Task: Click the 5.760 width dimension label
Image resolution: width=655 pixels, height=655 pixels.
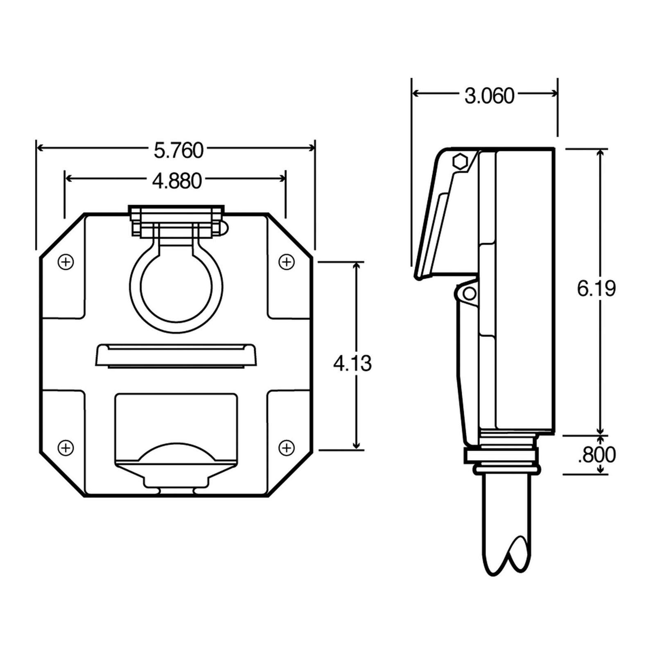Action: coord(178,150)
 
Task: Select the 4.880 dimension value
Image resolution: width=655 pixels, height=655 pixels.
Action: coord(177,181)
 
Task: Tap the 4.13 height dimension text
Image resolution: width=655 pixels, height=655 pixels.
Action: coord(352,364)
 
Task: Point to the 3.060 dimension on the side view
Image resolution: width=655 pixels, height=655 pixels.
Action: coord(489,96)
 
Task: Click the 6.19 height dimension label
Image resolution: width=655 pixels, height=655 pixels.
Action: coord(596,289)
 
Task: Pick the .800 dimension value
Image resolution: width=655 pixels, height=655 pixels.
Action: coord(597,454)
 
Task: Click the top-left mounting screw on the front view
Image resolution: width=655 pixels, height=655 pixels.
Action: coord(66,262)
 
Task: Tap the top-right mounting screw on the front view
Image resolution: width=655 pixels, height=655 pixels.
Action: coord(287,262)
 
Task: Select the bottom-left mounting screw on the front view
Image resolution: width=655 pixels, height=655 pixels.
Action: coord(66,447)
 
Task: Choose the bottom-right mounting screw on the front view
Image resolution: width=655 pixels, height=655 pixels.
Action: coord(287,447)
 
